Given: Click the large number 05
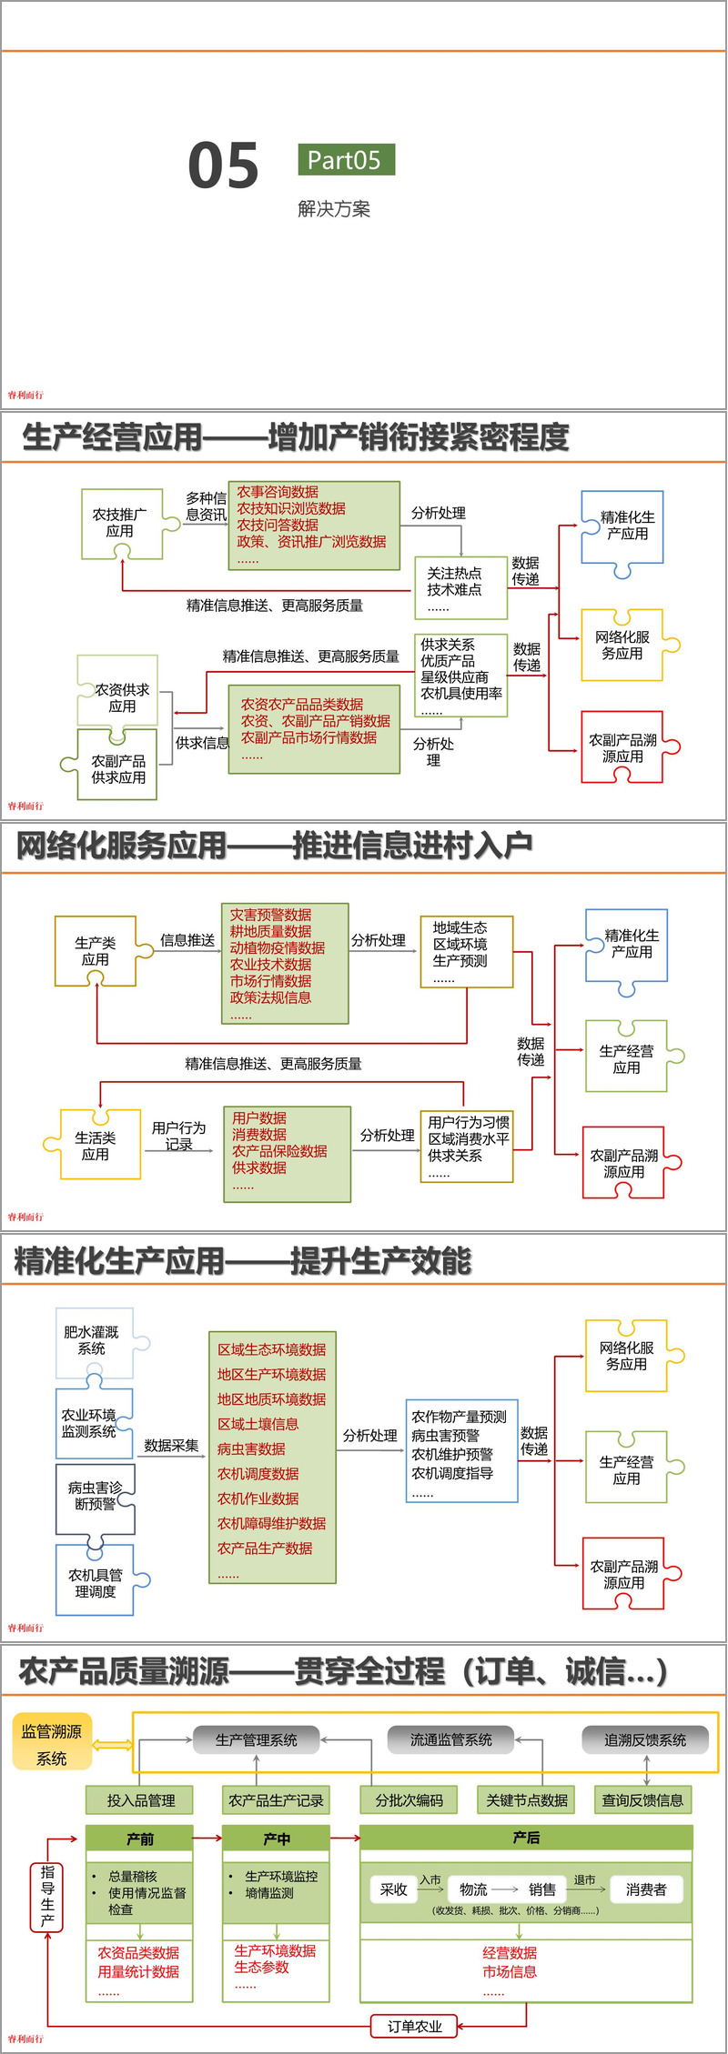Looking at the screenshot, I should pyautogui.click(x=224, y=165).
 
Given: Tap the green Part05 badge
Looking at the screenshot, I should pyautogui.click(x=345, y=160).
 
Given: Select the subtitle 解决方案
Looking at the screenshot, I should pyautogui.click(x=334, y=209).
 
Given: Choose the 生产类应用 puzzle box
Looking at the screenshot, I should pyautogui.click(x=96, y=951).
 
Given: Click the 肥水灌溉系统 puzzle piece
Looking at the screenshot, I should pyautogui.click(x=93, y=1340).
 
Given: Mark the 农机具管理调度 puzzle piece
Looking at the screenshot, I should pyautogui.click(x=96, y=1582).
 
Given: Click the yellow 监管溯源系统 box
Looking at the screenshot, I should pyautogui.click(x=52, y=1744).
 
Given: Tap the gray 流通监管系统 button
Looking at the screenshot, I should pyautogui.click(x=450, y=1739).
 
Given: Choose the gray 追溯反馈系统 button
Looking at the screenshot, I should pyautogui.click(x=645, y=1739).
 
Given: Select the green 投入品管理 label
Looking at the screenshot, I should pyautogui.click(x=141, y=1799).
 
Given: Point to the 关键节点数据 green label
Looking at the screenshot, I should pyautogui.click(x=527, y=1799).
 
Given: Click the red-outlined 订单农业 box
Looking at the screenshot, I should pyautogui.click(x=414, y=2026).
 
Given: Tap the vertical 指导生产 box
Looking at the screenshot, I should pyautogui.click(x=47, y=1896).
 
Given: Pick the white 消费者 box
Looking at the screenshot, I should pyautogui.click(x=646, y=1889).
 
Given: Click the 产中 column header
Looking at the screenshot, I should pyautogui.click(x=277, y=1839).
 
